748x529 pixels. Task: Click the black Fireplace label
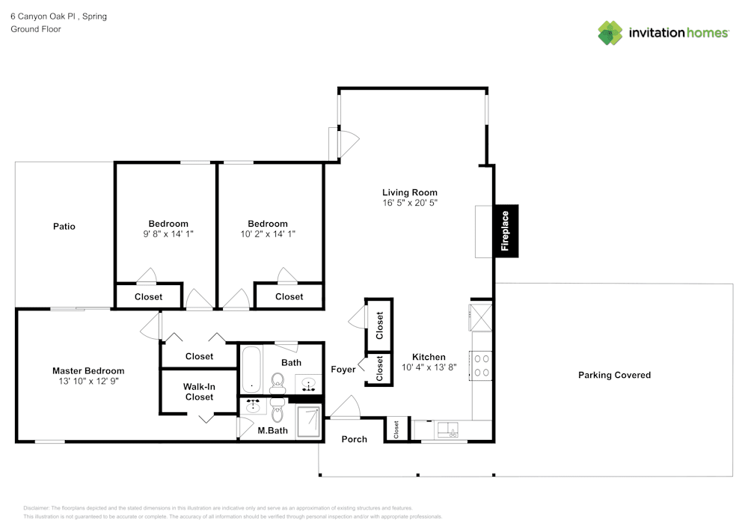[506, 231]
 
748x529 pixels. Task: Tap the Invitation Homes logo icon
[610, 33]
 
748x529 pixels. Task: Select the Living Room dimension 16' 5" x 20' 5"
[409, 203]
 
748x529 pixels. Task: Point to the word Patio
[64, 227]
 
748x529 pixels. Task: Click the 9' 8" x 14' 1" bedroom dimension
[168, 234]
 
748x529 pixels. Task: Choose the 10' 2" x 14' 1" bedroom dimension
[268, 234]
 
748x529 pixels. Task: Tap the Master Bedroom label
[88, 370]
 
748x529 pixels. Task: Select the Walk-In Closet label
[199, 392]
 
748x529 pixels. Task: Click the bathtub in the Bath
[251, 369]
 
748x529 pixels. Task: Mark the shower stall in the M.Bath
[310, 421]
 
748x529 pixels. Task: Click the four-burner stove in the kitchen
[482, 364]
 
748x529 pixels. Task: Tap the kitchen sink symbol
[449, 429]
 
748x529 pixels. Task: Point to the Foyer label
[343, 370]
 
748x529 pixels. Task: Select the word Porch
[355, 439]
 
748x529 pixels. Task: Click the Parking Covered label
[614, 375]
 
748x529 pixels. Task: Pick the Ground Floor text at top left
[36, 29]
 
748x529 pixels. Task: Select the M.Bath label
[273, 430]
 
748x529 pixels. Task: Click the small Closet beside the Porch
[396, 429]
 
